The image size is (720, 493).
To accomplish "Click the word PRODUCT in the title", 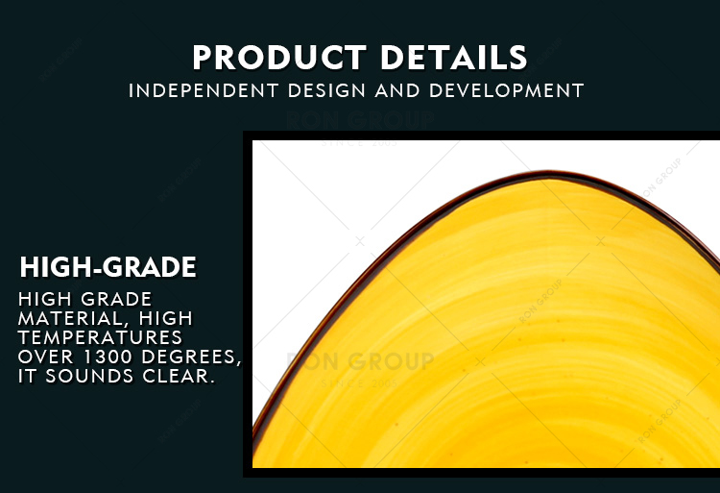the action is (x=279, y=58).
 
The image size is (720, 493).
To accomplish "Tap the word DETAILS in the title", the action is (x=454, y=58).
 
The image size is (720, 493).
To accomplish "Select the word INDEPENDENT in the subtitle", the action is (x=204, y=90).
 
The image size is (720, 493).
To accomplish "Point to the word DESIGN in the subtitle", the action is (x=326, y=90).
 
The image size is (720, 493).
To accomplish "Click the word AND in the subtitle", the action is (x=397, y=90).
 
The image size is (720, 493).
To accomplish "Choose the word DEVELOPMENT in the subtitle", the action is (x=507, y=90).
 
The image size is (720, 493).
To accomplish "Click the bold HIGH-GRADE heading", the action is (x=108, y=267).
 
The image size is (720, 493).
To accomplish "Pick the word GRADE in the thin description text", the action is (x=116, y=299).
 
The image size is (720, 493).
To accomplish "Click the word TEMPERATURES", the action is (x=100, y=337).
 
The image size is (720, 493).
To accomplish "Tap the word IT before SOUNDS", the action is (x=27, y=377).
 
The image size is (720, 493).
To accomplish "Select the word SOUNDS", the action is (x=89, y=377).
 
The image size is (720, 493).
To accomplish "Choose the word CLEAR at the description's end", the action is (x=180, y=377).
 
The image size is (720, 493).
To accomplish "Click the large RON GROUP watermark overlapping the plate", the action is (x=360, y=361).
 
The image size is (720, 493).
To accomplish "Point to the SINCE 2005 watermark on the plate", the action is (x=360, y=382).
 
